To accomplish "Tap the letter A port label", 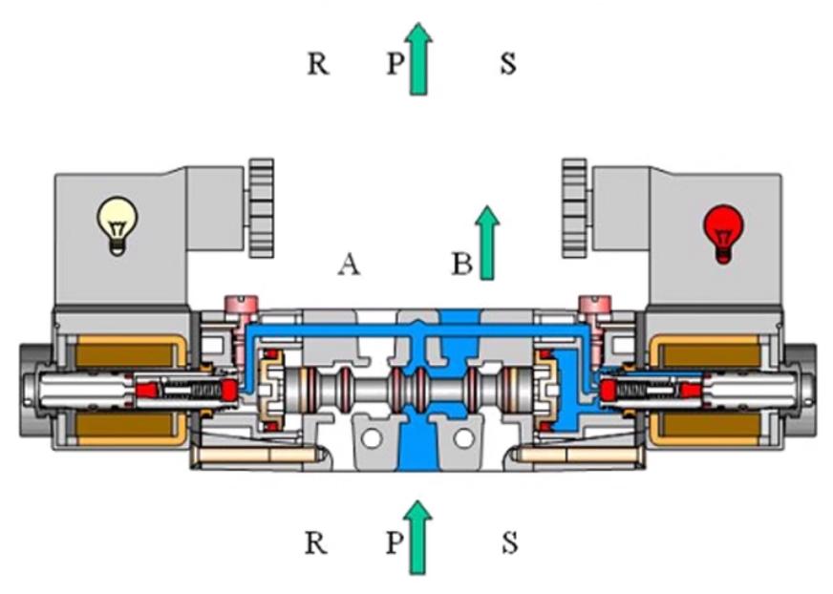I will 348,265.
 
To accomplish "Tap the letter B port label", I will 462,265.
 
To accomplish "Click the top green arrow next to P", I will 417,59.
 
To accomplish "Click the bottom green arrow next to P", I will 417,539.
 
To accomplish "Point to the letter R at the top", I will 318,64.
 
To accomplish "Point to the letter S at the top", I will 508,64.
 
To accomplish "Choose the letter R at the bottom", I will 316,544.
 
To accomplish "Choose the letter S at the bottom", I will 509,544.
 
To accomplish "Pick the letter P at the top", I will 395,64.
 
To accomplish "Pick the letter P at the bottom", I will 395,544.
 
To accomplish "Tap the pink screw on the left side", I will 240,307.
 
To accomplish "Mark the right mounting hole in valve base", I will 463,438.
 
